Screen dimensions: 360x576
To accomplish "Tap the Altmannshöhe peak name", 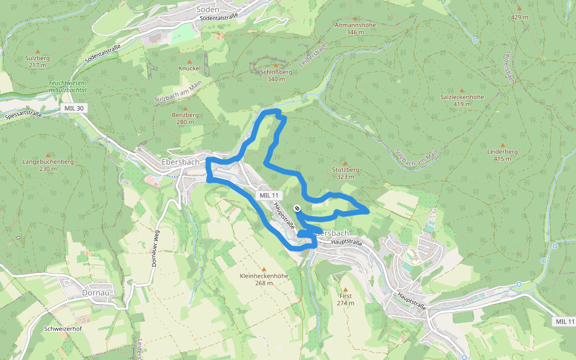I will [355, 25].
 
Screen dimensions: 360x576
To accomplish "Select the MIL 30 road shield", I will [73, 108].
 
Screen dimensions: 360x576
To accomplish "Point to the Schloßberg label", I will [276, 71].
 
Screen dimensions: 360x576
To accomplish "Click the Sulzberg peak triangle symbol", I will [37, 52].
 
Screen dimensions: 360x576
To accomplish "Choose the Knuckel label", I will [189, 68].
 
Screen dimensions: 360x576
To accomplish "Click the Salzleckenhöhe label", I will [462, 97].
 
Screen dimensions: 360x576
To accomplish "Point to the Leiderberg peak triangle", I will [502, 145].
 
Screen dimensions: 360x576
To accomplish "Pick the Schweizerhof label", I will [63, 329].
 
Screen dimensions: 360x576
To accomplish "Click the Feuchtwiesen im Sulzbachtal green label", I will [67, 86].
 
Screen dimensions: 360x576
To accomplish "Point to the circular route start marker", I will [297, 208].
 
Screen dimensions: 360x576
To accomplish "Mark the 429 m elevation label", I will [520, 17].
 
